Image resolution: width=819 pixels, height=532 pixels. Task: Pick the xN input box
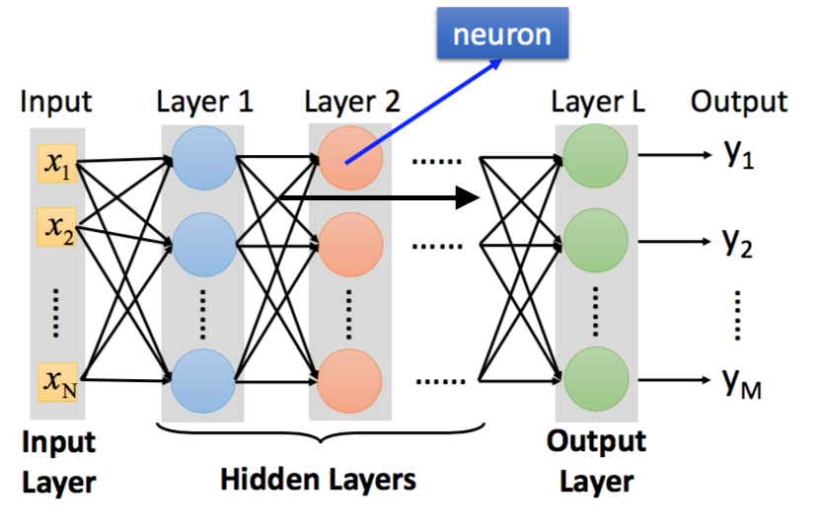(x=57, y=379)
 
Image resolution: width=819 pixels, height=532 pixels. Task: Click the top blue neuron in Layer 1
(x=203, y=158)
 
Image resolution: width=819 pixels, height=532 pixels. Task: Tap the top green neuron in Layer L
(x=595, y=158)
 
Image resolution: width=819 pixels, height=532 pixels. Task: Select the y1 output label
(x=739, y=159)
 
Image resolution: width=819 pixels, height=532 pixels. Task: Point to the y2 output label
(x=739, y=243)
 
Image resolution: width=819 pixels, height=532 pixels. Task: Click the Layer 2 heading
(x=352, y=102)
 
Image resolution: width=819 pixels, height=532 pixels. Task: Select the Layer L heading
(x=598, y=102)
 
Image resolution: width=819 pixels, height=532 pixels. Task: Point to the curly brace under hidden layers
(x=319, y=435)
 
